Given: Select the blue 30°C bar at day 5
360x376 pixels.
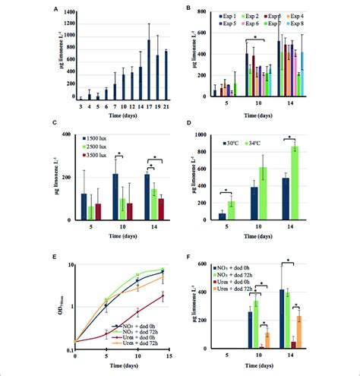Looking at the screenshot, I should tap(223, 216).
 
